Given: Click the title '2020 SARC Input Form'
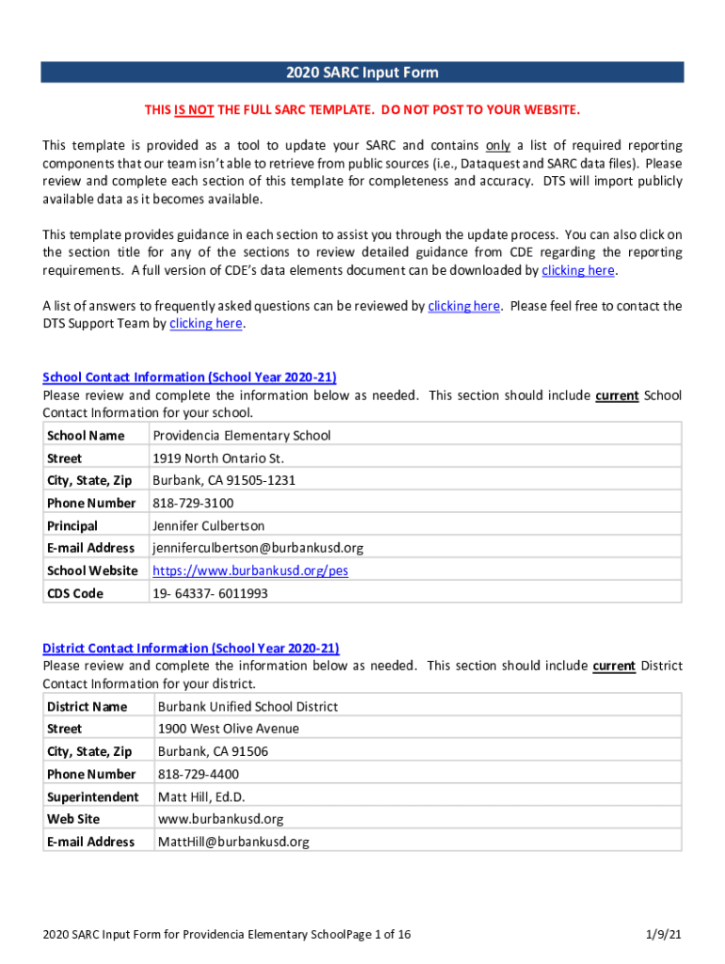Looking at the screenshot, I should click(362, 72).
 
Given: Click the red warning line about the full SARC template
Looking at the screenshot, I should click(362, 110).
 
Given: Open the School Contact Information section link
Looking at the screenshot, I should click(189, 378).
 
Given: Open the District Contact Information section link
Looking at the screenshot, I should click(191, 649).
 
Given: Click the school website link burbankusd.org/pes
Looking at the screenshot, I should click(250, 570).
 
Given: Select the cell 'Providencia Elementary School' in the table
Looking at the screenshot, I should click(242, 436).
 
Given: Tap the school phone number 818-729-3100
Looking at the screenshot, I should click(193, 503).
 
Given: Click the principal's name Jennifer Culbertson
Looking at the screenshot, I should click(209, 525).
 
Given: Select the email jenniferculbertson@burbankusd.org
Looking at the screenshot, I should click(258, 548).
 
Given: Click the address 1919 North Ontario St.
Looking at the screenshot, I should click(218, 458).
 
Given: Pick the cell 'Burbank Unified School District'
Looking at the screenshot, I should click(248, 707).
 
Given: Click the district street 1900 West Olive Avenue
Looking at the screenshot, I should click(229, 729).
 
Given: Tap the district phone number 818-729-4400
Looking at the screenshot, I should click(199, 774).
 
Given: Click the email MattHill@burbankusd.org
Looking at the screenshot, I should click(234, 842).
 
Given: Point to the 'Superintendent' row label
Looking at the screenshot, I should click(92, 796).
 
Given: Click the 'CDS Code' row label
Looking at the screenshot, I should click(75, 593).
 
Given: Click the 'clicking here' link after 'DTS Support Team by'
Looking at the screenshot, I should click(205, 324).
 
